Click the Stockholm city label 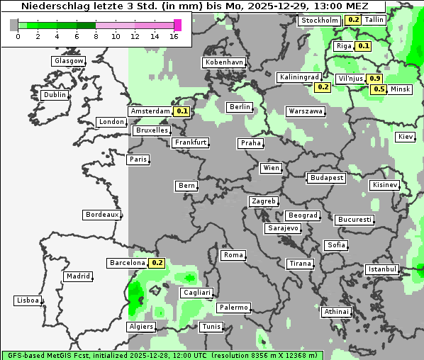click(x=319, y=20)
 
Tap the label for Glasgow click(x=68, y=61)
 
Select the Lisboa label click(x=28, y=300)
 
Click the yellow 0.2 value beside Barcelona click(x=157, y=263)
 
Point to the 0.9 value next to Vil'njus click(x=375, y=78)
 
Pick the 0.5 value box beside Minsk click(x=379, y=89)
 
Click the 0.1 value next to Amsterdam click(x=182, y=111)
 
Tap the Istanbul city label click(x=381, y=269)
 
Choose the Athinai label click(x=336, y=312)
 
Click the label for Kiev click(x=406, y=137)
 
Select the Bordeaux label click(x=101, y=215)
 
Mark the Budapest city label click(x=326, y=177)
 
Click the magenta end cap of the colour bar click(x=177, y=25)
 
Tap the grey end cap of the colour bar click(x=14, y=25)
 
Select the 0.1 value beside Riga click(x=364, y=46)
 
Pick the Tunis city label click(x=211, y=327)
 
